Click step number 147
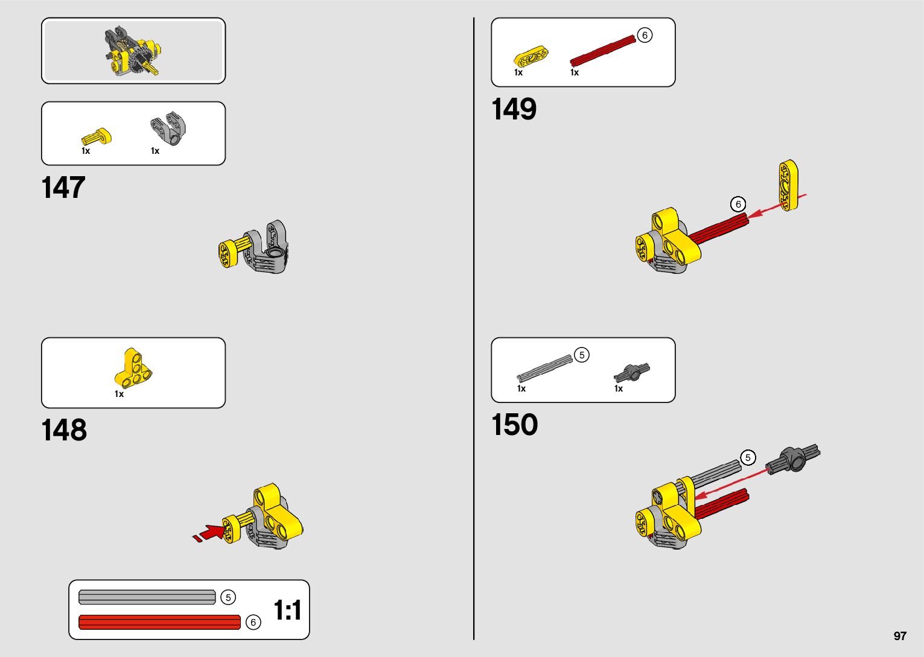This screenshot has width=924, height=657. click(63, 188)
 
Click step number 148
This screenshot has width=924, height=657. click(64, 430)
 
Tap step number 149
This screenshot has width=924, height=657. click(514, 110)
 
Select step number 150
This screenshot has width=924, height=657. click(514, 425)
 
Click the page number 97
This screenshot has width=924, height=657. click(900, 636)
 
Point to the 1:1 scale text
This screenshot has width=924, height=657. click(287, 610)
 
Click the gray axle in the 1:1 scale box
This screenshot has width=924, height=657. click(147, 597)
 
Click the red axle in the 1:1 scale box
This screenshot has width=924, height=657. click(159, 622)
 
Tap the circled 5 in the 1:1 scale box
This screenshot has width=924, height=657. click(228, 597)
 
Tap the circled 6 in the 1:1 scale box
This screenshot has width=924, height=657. click(253, 622)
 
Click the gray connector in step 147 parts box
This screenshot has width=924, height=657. click(168, 128)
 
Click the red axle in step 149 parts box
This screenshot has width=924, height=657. click(602, 50)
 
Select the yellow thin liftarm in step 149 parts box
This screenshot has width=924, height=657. click(531, 57)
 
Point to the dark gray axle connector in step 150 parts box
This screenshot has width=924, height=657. click(631, 372)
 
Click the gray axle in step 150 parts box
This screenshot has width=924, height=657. click(544, 368)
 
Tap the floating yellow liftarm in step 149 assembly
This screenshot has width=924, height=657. click(788, 185)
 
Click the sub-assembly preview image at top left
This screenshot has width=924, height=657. click(133, 51)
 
